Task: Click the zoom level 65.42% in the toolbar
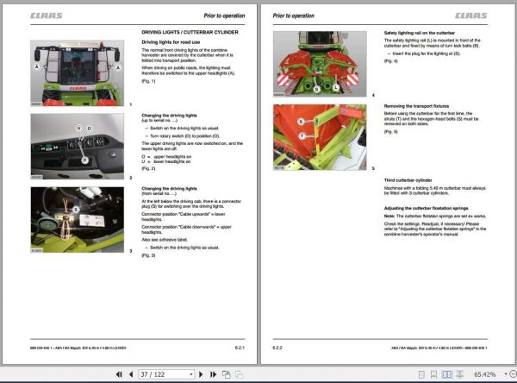(x=485, y=374)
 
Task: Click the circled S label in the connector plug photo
(x=75, y=209)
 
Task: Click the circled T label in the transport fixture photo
(x=301, y=135)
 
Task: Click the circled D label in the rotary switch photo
(x=84, y=160)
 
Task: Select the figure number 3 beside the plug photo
(x=130, y=251)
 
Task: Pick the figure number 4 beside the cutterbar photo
(x=373, y=95)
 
